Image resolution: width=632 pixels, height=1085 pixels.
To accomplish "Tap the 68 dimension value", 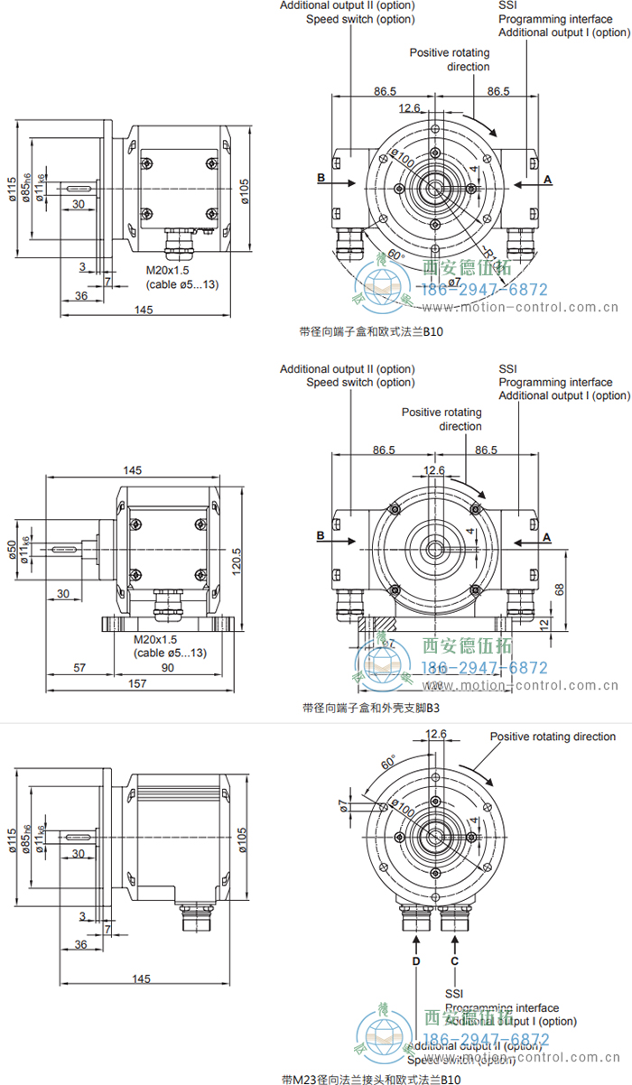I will pos(559,589).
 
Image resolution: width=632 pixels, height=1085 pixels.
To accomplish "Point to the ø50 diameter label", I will pos(13,550).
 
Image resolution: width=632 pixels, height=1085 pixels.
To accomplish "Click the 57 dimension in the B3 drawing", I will pos(79,667).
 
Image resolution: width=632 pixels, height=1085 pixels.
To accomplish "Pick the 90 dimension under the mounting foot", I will pos(167,667).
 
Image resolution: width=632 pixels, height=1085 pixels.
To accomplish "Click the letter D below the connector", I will pos(415,961).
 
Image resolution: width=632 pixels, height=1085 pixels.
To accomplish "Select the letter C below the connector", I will pos(454,961).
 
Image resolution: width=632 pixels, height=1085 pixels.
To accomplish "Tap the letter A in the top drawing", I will pos(547,180).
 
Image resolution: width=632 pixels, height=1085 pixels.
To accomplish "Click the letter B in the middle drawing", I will pos(321,536).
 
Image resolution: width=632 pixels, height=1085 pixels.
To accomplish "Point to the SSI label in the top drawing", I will pos(508,5).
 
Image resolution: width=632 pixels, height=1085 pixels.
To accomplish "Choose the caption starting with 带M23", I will pos(371,1079).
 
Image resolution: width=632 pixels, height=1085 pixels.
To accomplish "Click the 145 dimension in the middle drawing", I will pos(132,470).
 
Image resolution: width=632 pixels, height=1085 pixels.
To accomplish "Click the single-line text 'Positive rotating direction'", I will pos(553,737).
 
